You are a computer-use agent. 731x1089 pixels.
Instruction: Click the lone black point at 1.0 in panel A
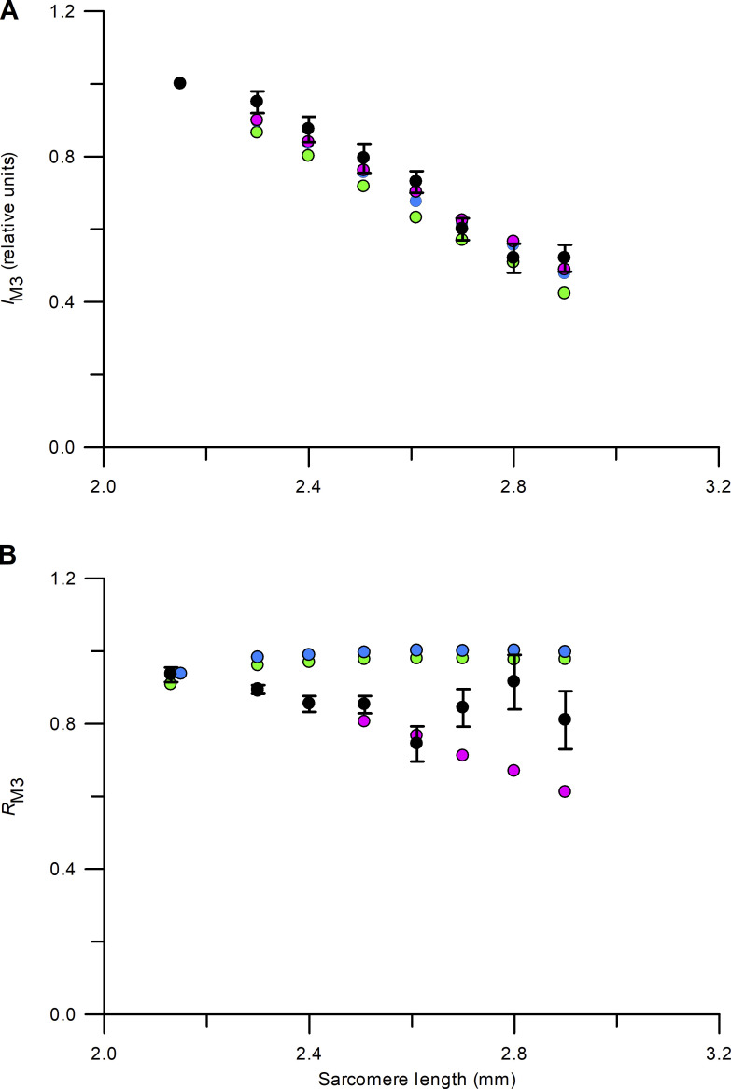click(x=180, y=83)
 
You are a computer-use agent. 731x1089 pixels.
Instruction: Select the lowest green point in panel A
click(x=564, y=293)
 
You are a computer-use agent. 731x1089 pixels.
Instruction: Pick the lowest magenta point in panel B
click(x=564, y=791)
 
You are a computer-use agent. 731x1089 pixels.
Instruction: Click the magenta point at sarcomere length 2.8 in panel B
click(x=513, y=771)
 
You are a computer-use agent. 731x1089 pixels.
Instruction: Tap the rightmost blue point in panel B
click(x=564, y=651)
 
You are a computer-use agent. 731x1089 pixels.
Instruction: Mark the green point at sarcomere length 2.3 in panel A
click(x=257, y=132)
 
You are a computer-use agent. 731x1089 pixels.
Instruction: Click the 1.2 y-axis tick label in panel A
click(x=68, y=12)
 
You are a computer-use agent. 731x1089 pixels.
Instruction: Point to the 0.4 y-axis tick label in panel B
click(x=68, y=870)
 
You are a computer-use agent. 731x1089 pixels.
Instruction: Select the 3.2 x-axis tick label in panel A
click(x=717, y=487)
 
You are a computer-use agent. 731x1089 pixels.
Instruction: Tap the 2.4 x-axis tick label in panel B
click(x=308, y=1054)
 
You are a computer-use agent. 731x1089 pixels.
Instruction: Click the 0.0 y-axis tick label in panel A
click(x=68, y=448)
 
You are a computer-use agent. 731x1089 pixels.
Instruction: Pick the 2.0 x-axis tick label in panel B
click(x=103, y=1054)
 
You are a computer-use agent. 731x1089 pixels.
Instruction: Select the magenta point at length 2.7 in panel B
click(x=462, y=755)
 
